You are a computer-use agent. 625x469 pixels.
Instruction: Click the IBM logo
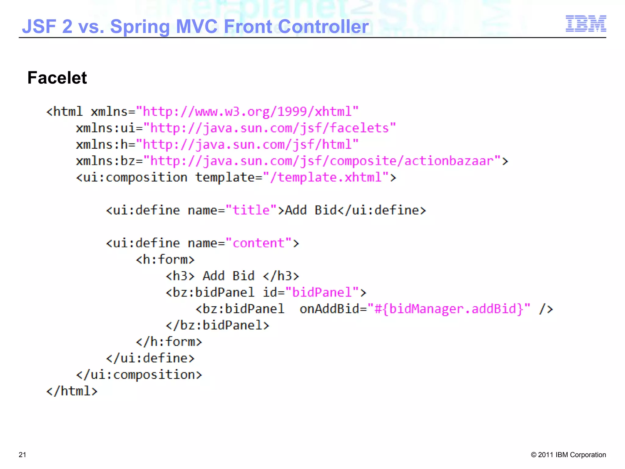pyautogui.click(x=586, y=24)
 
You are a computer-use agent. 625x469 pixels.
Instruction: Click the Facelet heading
pyautogui.click(x=57, y=78)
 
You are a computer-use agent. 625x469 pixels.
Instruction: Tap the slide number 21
pyautogui.click(x=23, y=455)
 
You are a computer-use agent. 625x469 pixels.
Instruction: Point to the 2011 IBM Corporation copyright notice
pyautogui.click(x=568, y=455)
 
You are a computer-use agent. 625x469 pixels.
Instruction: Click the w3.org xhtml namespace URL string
pyautogui.click(x=247, y=112)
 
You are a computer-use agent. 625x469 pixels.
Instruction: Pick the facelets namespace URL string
pyautogui.click(x=269, y=128)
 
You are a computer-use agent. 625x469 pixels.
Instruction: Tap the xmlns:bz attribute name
pyautogui.click(x=106, y=161)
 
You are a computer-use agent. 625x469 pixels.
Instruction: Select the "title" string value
pyautogui.click(x=251, y=210)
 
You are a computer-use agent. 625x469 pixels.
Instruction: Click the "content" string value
pyautogui.click(x=258, y=243)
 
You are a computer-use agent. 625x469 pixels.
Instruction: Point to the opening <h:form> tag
pyautogui.click(x=165, y=260)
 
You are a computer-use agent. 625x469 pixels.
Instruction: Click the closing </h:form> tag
pyautogui.click(x=169, y=342)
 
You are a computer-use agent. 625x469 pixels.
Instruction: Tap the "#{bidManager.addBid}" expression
pyautogui.click(x=449, y=309)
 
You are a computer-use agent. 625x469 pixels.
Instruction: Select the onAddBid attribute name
pyautogui.click(x=329, y=309)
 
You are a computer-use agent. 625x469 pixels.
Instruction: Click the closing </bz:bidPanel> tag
pyautogui.click(x=217, y=325)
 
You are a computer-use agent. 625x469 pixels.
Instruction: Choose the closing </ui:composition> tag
pyautogui.click(x=139, y=375)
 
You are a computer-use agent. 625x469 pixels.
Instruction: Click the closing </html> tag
pyautogui.click(x=72, y=391)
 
